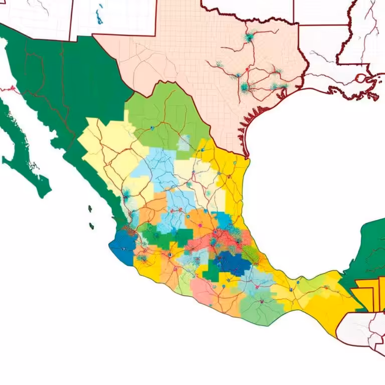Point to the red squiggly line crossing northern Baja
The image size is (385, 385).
10,90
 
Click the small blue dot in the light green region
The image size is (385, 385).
151,128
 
